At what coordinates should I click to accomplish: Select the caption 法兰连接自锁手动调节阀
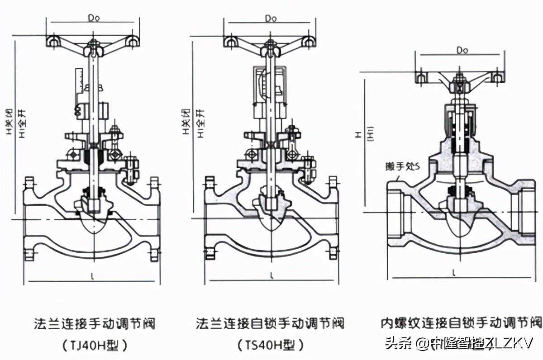tap(270, 323)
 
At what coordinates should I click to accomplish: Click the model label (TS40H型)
tap(270, 345)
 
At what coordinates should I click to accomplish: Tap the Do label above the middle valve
tap(271, 18)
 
